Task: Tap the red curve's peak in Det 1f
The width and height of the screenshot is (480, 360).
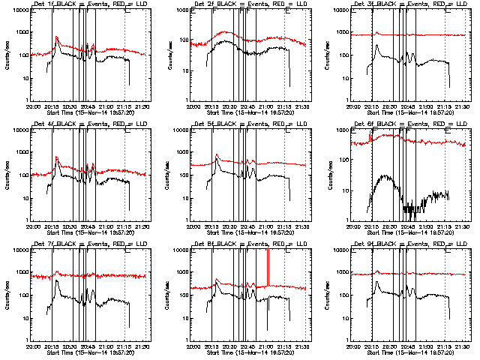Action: point(57,37)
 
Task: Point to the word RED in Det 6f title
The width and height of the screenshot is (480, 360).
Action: point(430,124)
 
